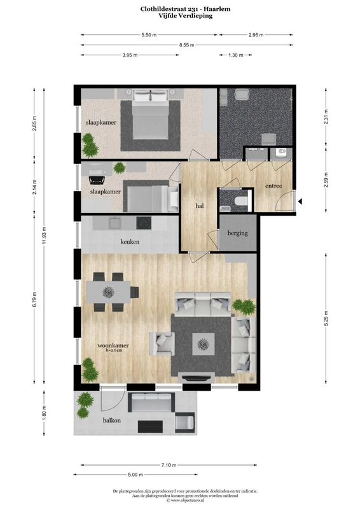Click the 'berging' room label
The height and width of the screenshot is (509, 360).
[x=238, y=233]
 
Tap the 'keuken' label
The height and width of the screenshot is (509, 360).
[x=130, y=242]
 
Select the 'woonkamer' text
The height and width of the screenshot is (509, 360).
[x=113, y=345]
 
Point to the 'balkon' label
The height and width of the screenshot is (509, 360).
[x=112, y=421]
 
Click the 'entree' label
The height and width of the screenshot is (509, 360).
[x=273, y=186]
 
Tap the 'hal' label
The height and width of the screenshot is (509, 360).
[x=200, y=206]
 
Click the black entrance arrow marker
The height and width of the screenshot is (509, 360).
[x=300, y=202]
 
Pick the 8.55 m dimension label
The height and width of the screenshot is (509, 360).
[x=186, y=45]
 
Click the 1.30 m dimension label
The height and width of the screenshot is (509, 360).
[x=236, y=55]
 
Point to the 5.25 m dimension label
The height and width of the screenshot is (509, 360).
[x=326, y=319]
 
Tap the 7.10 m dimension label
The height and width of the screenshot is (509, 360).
[x=169, y=465]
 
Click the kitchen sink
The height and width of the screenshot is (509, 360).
[x=115, y=223]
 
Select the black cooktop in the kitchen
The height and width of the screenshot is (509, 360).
[x=144, y=223]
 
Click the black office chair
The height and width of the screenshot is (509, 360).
[x=96, y=179]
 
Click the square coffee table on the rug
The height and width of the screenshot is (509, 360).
[x=203, y=344]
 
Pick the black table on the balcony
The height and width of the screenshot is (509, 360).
[x=150, y=426]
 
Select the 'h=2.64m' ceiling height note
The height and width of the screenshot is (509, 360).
[x=114, y=351]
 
